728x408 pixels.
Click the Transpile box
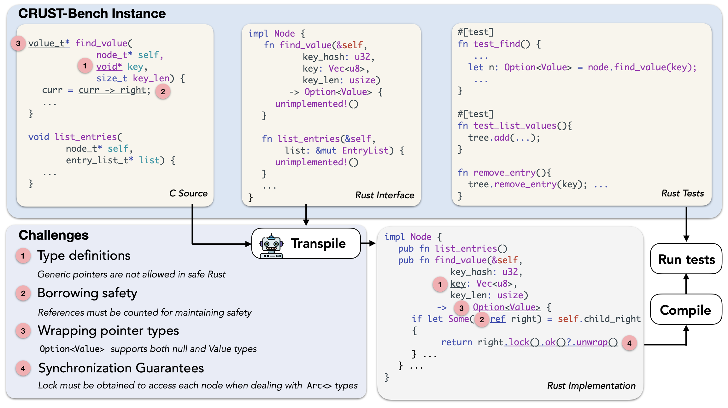(306, 243)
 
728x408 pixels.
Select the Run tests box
(686, 259)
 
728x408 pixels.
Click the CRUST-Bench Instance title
(92, 14)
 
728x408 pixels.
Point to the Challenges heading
(54, 235)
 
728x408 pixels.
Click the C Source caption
(188, 193)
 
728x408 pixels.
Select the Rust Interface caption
(385, 195)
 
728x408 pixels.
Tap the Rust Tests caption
(683, 193)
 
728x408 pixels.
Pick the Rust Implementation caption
(591, 385)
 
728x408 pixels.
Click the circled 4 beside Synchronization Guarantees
(23, 368)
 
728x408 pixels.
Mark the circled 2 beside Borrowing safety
(23, 294)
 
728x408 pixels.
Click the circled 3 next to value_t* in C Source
(18, 44)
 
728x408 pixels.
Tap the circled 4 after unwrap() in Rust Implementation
(629, 343)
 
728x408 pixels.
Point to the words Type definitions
(84, 255)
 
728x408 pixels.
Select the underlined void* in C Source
(109, 67)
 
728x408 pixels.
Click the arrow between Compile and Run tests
(686, 284)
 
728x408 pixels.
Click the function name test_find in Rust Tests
(496, 44)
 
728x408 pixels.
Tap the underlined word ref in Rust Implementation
(497, 319)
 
